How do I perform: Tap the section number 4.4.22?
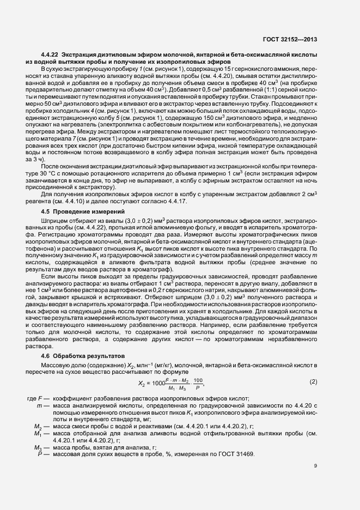click(x=50, y=56)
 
